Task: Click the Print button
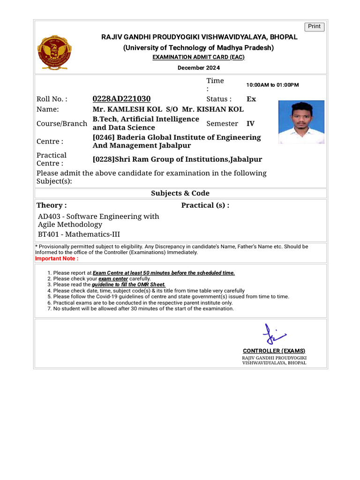point(314,27)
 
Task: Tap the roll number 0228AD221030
point(121,99)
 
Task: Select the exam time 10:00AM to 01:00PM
point(272,85)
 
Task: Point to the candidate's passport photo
point(301,122)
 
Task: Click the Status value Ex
point(251,99)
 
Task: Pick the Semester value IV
point(250,124)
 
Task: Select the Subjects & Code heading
point(180,193)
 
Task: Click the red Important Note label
point(57,258)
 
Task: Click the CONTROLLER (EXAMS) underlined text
point(274,351)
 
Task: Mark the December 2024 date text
point(198,68)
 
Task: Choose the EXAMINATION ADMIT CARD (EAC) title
point(198,57)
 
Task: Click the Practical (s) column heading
point(205,205)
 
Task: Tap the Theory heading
point(52,205)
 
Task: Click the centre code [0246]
point(103,137)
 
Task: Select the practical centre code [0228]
point(103,159)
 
